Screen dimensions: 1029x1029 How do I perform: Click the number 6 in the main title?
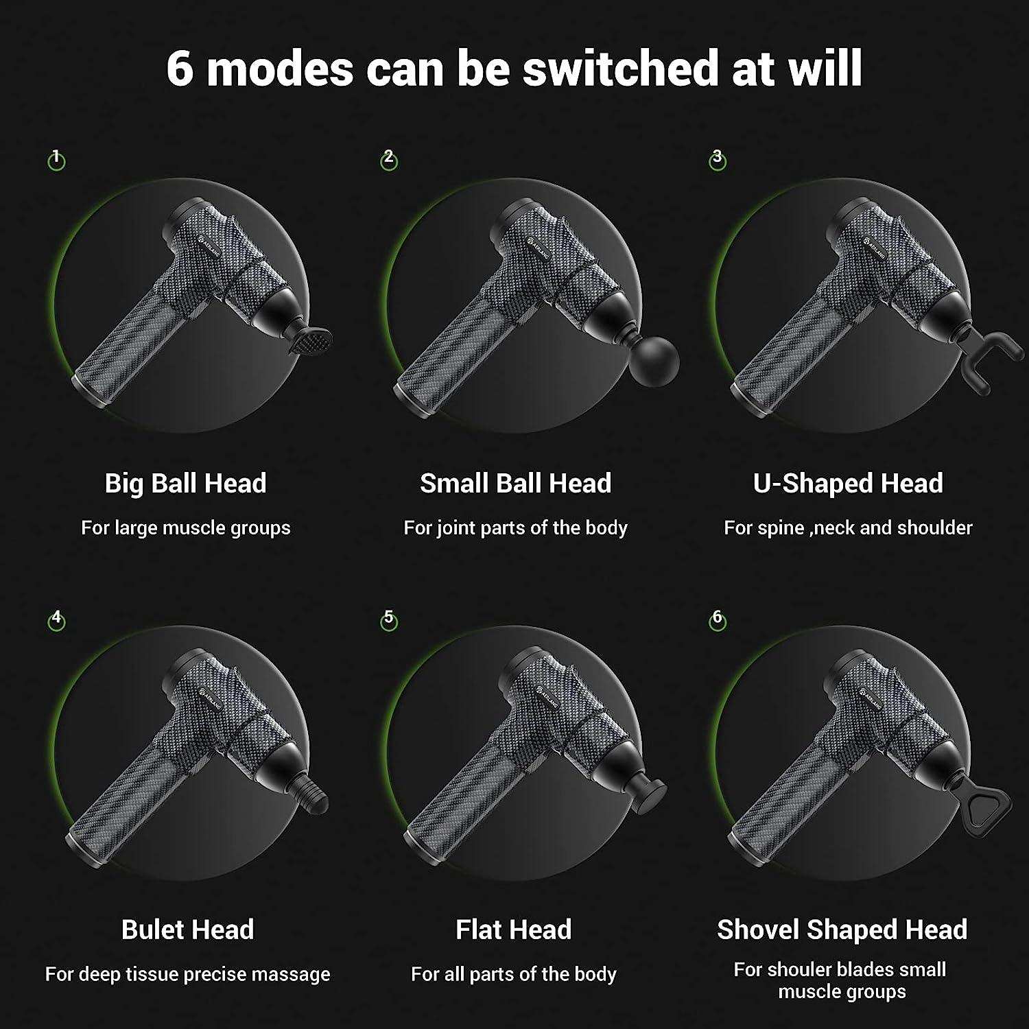(x=180, y=69)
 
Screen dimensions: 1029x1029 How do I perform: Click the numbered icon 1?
(x=56, y=161)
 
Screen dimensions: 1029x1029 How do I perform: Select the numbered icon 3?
(x=718, y=160)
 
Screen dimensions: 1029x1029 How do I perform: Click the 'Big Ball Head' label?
(x=185, y=484)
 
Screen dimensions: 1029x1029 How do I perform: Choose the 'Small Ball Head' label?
(x=515, y=484)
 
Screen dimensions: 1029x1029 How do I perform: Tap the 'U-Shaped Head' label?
(x=848, y=484)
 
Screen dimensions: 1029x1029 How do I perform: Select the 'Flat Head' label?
(x=514, y=930)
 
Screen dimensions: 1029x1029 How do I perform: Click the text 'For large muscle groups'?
(x=186, y=528)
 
